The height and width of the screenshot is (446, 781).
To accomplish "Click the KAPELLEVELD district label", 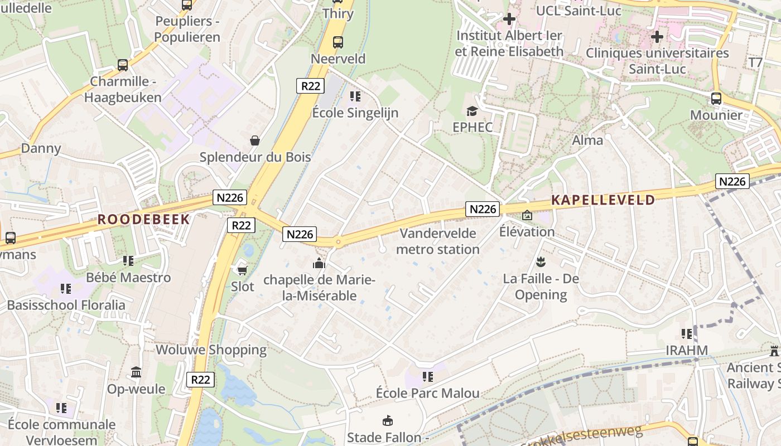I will click(x=603, y=200).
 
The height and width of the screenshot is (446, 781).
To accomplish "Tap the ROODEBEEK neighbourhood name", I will click(x=144, y=219).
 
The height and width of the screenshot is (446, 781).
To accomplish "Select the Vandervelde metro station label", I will click(x=438, y=241).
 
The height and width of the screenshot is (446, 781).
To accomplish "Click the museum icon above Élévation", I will click(x=527, y=215).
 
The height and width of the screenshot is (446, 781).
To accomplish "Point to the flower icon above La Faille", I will click(x=541, y=261).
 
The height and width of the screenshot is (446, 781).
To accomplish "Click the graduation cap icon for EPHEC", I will click(x=472, y=111).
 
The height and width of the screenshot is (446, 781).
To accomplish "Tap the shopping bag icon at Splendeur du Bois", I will click(x=255, y=140).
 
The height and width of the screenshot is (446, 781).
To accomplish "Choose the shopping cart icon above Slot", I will click(x=242, y=270).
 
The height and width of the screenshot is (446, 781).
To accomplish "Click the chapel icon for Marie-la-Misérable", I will click(x=319, y=263).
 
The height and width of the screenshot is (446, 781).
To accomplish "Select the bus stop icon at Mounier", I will click(x=716, y=99).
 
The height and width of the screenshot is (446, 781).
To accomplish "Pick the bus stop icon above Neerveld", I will click(x=338, y=42).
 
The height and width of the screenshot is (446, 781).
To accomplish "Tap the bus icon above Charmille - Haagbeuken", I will click(x=123, y=65).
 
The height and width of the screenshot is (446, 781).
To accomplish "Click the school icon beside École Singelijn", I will click(x=355, y=96).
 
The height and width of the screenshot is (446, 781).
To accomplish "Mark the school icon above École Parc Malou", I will click(x=428, y=377).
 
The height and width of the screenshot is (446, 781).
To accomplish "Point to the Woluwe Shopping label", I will click(x=211, y=350).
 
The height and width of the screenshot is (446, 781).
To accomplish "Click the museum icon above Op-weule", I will click(x=136, y=372).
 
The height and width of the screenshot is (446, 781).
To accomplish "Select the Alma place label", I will click(x=587, y=140).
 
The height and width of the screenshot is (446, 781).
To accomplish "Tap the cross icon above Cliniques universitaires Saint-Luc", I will click(x=657, y=37).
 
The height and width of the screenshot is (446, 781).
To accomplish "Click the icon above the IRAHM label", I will click(x=687, y=334).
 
